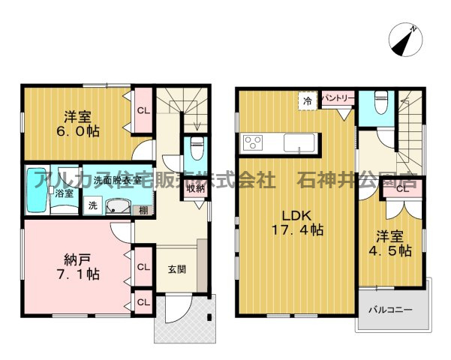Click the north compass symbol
pyautogui.click(x=405, y=40)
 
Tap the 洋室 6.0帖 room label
pyautogui.click(x=78, y=124)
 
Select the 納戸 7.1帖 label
pyautogui.click(x=77, y=267)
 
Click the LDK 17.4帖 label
pyautogui.click(x=297, y=223)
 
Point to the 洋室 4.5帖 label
pyautogui.click(x=390, y=243)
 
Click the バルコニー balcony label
pyautogui.click(x=391, y=310)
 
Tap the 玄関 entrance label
pyautogui.click(x=177, y=269)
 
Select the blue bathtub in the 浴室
pyautogui.click(x=37, y=190)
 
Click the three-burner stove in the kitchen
pyautogui.click(x=253, y=142)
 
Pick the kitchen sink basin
pyautogui.click(x=299, y=142)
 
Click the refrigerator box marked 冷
pyautogui.click(x=308, y=100)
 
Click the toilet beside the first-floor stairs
pyautogui.click(x=197, y=148)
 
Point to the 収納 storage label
pyautogui.click(x=195, y=189)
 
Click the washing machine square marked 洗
pyautogui.click(x=92, y=205)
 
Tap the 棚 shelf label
pyautogui.click(x=143, y=210)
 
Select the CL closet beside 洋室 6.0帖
pyautogui.click(x=143, y=111)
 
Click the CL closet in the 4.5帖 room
pyautogui.click(x=403, y=189)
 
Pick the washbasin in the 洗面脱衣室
pyautogui.click(x=118, y=206)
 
